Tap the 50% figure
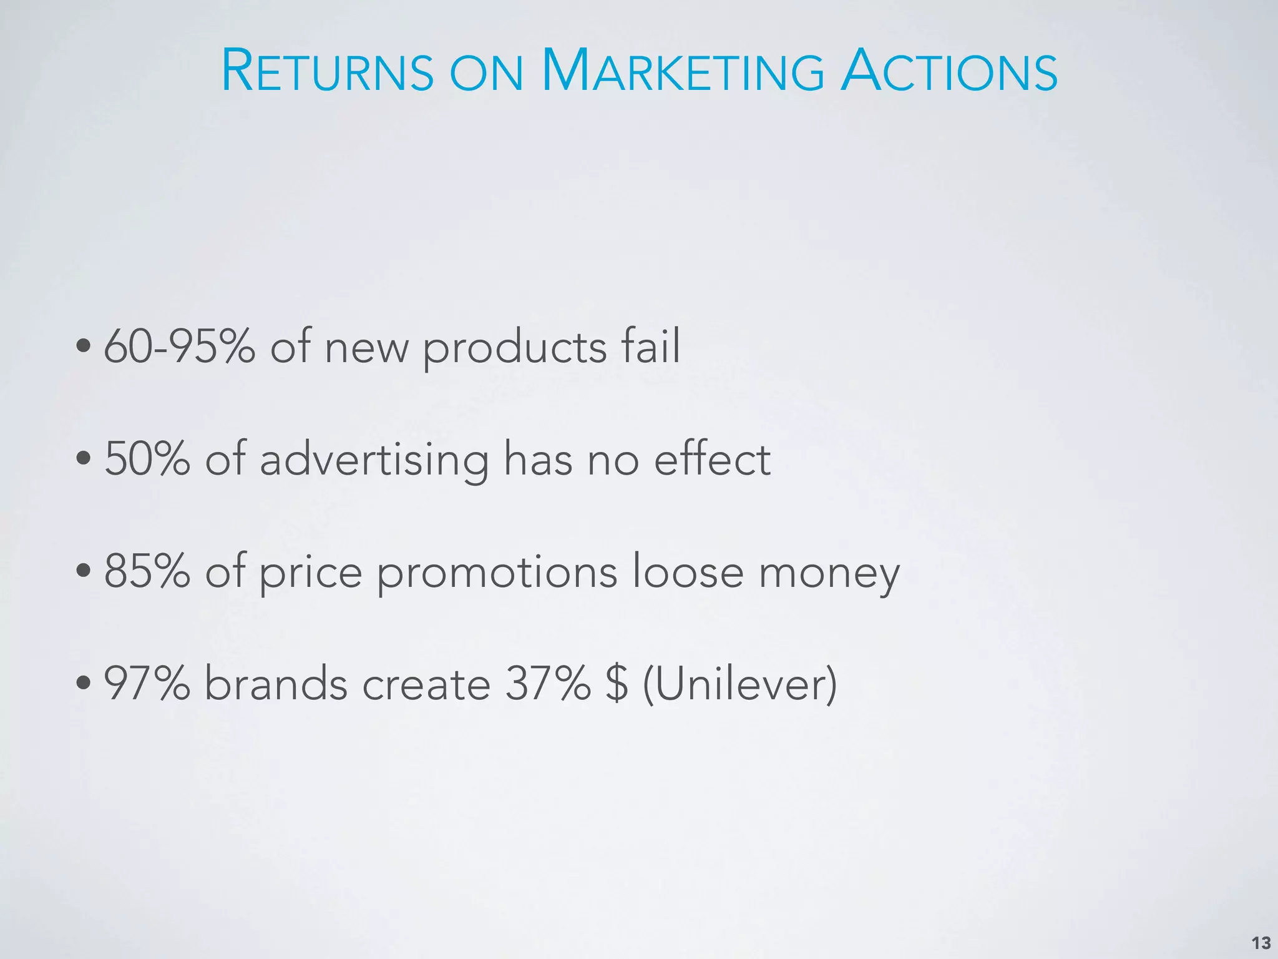[147, 459]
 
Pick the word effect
[712, 459]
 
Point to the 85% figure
[147, 571]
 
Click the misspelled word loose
[687, 571]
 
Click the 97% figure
[147, 684]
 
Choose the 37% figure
[547, 684]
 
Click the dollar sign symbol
[616, 684]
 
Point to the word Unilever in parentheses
[739, 684]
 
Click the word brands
[276, 684]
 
